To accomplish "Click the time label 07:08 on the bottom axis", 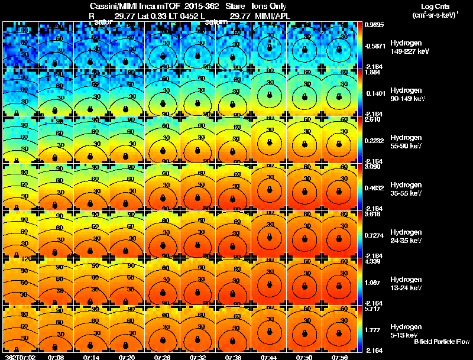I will (56, 357).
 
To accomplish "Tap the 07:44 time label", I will (269, 357).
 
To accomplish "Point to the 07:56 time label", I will (340, 357).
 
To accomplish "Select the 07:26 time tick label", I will (163, 357).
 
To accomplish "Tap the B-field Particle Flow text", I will (441, 342).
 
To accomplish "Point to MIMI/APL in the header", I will (273, 16).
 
